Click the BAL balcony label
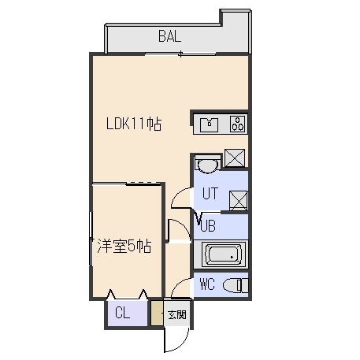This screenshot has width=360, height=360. pyautogui.click(x=169, y=36)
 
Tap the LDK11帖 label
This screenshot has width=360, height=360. pyautogui.click(x=134, y=124)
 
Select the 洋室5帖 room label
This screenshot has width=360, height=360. pyautogui.click(x=124, y=246)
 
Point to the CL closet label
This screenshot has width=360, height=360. pyautogui.click(x=122, y=313)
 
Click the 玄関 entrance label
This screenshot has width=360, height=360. pyautogui.click(x=177, y=314)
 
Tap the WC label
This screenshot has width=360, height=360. pyautogui.click(x=207, y=284)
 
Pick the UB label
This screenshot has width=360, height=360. pyautogui.click(x=208, y=225)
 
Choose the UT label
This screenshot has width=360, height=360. pyautogui.click(x=210, y=193)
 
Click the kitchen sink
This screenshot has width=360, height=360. pyautogui.click(x=209, y=124)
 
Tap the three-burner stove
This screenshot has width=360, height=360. pyautogui.click(x=238, y=124)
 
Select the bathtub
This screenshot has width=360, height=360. pyautogui.click(x=224, y=254)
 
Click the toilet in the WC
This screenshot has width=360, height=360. pyautogui.click(x=236, y=286)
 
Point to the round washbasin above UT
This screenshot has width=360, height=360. pyautogui.click(x=208, y=165)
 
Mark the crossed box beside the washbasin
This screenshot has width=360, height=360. pyautogui.click(x=235, y=158)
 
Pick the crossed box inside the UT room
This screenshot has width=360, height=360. pyautogui.click(x=239, y=201)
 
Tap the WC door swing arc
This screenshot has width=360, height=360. pyautogui.click(x=177, y=284)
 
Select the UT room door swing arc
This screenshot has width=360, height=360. pyautogui.click(x=177, y=194)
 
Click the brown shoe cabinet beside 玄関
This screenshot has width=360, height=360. pyautogui.click(x=157, y=313)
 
